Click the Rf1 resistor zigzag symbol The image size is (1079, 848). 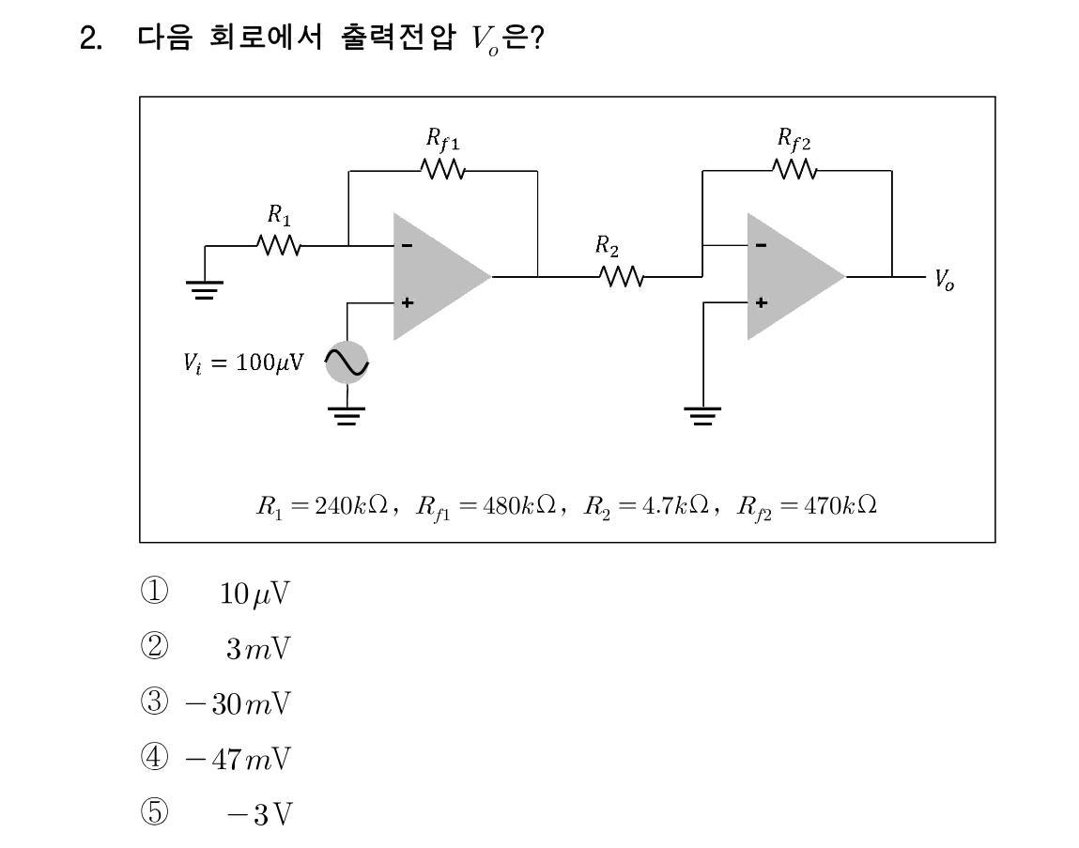point(443,169)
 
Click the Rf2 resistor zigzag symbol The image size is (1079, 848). point(794,169)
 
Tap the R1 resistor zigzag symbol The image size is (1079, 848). point(279,245)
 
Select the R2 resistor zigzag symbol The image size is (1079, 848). point(622,277)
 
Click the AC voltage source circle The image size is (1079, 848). point(347,362)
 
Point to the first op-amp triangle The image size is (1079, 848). point(441,276)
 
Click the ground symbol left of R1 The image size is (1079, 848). point(205,290)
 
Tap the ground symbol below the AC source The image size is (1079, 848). point(347,416)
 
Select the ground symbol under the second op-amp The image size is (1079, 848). point(702,416)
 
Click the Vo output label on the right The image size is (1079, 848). point(944,280)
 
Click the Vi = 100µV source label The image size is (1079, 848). point(243,362)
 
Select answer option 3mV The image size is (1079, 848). point(258,648)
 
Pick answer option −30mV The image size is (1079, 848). point(239,703)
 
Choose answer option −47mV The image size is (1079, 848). point(239,759)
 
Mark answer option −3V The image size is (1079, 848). point(259,814)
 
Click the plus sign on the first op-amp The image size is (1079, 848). point(408,302)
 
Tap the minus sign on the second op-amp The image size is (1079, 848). point(761,245)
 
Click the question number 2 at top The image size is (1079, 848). point(91,38)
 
